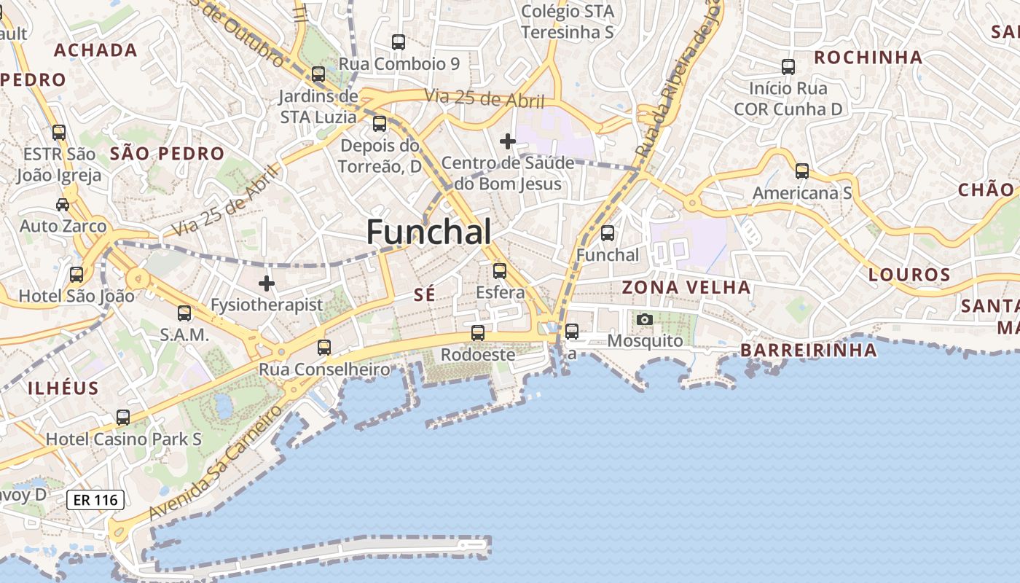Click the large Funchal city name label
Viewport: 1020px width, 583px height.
tap(428, 232)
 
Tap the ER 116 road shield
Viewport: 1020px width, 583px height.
tap(95, 500)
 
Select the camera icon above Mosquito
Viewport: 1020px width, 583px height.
tap(645, 319)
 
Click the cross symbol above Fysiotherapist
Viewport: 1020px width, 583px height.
tap(267, 283)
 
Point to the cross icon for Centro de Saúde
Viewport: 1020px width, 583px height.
tap(508, 141)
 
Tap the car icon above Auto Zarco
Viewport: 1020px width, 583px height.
tap(63, 205)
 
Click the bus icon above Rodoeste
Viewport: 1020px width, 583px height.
tap(478, 333)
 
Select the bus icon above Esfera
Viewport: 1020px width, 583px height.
tap(500, 271)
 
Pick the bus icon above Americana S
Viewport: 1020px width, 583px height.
tap(802, 171)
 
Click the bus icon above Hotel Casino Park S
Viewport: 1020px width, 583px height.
tap(123, 418)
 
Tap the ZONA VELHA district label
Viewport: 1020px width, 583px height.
tap(686, 287)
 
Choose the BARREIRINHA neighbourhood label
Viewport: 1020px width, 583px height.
tap(809, 351)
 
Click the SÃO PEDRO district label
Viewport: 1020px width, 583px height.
tap(167, 154)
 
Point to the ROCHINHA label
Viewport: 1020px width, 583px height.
tap(868, 58)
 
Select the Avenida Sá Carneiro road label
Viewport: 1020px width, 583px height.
tap(215, 463)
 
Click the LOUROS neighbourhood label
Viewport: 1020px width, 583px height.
tap(909, 275)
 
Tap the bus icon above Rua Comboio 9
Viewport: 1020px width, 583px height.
tap(399, 42)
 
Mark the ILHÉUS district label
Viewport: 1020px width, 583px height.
tap(63, 388)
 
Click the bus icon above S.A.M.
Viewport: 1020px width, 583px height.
tap(184, 313)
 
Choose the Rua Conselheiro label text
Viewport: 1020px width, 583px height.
tap(325, 369)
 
